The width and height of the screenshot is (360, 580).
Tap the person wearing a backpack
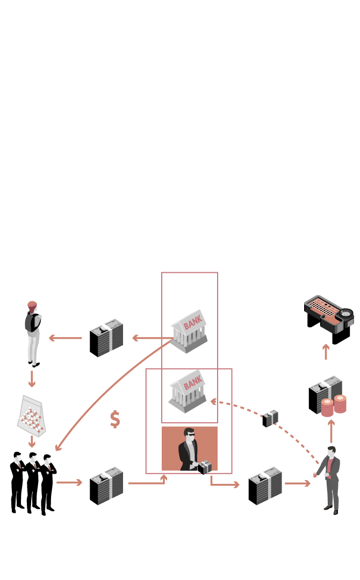tap(33, 333)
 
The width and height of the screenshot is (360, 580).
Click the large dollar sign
tap(114, 419)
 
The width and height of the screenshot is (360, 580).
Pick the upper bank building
tap(189, 330)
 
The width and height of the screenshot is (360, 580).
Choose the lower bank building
tap(188, 390)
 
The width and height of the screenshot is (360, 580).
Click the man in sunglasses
tap(189, 450)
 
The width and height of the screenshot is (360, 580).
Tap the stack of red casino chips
tap(334, 405)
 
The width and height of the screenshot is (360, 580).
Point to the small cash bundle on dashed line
tap(270, 418)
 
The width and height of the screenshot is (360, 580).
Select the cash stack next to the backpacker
tap(106, 338)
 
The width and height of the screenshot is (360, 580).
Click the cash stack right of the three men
tap(106, 485)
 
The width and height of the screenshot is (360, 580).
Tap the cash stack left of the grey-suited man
tap(265, 485)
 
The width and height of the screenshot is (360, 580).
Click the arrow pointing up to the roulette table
tap(326, 352)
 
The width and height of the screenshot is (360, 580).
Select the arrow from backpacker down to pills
tap(32, 379)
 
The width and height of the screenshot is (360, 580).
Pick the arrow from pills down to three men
tap(32, 441)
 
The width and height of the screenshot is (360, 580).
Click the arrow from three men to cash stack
tap(69, 482)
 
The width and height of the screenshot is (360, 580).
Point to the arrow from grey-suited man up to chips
tap(331, 431)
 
